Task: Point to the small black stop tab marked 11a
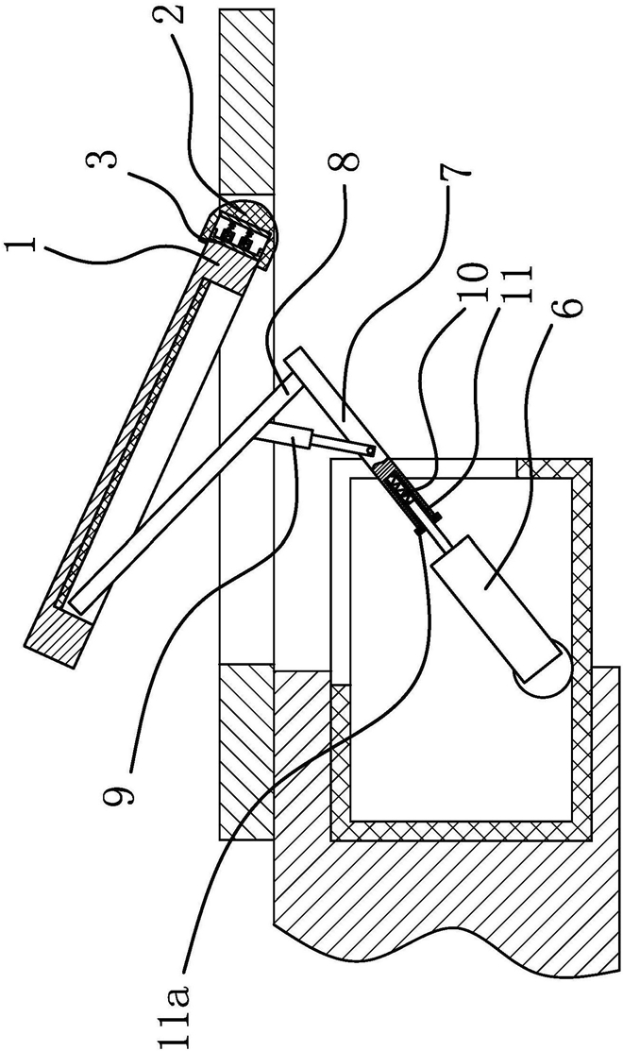coord(422,530)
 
